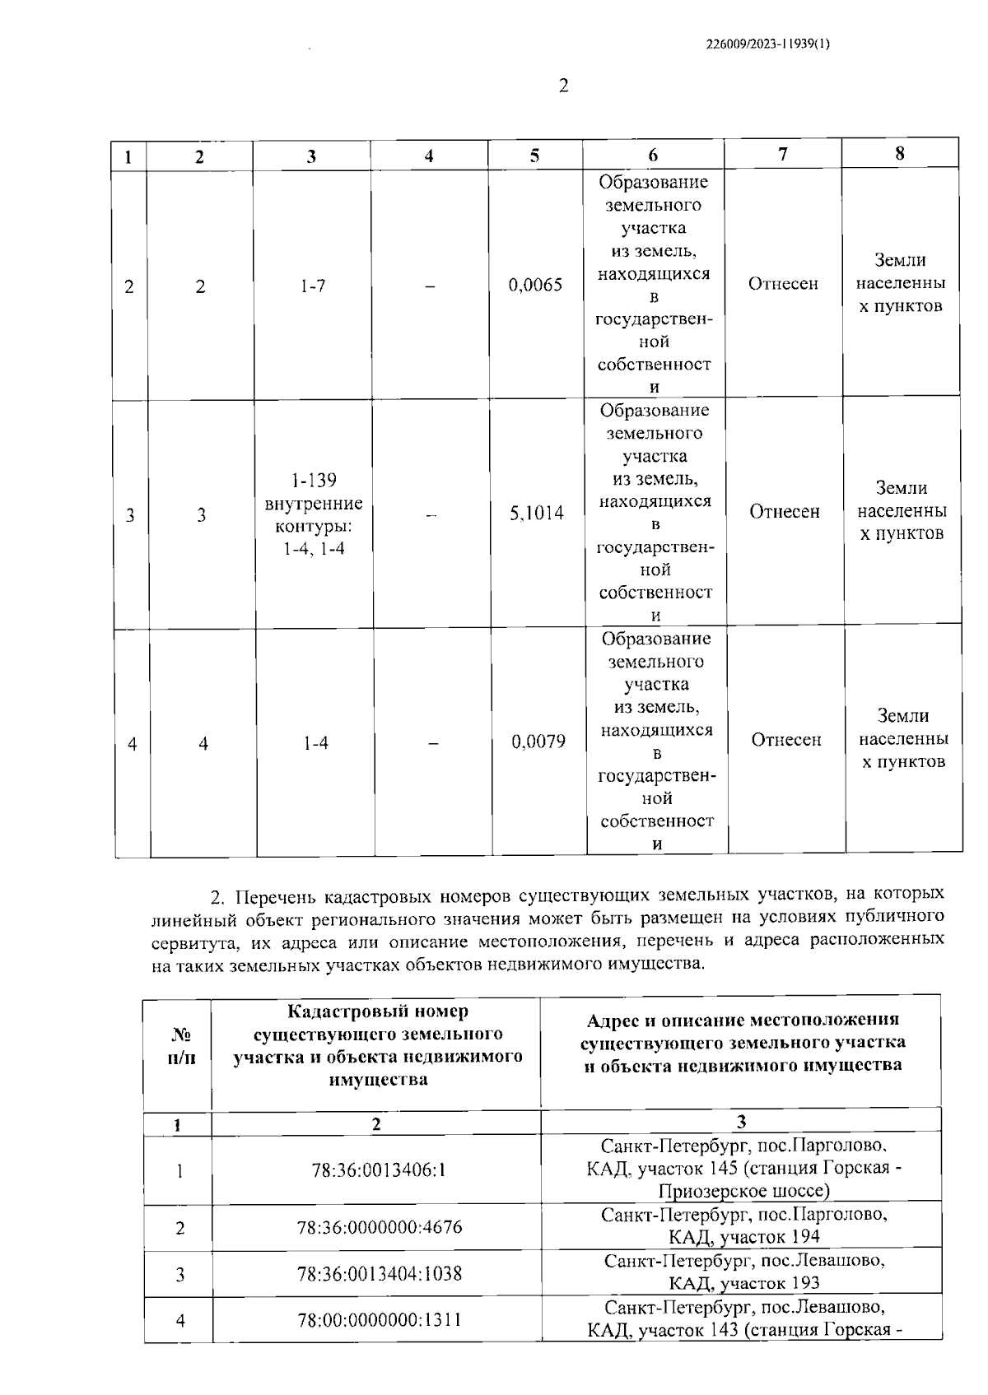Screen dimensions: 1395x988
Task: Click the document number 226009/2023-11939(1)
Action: coord(767,45)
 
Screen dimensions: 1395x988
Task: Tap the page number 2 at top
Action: coord(563,86)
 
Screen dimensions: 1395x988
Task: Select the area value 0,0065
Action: coord(536,285)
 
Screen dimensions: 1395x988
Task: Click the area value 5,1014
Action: coord(537,514)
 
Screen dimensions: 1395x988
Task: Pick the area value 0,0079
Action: coord(538,742)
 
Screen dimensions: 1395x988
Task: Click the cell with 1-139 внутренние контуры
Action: coord(314,514)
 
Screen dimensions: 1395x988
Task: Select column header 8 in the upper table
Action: coord(900,153)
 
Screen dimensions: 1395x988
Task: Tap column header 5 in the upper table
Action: coord(535,156)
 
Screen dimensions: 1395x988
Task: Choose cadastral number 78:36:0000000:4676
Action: coord(380,1227)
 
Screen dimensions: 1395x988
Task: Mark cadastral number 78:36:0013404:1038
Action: coord(380,1274)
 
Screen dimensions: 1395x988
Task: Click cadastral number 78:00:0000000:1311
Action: coord(380,1320)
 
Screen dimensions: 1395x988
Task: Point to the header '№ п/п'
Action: coord(181,1046)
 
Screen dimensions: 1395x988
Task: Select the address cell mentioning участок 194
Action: coord(743,1225)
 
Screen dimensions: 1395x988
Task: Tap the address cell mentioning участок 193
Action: coord(743,1272)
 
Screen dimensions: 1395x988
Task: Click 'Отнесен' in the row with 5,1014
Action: coord(784,512)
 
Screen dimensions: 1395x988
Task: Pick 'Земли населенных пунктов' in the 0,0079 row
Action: coord(903,738)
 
